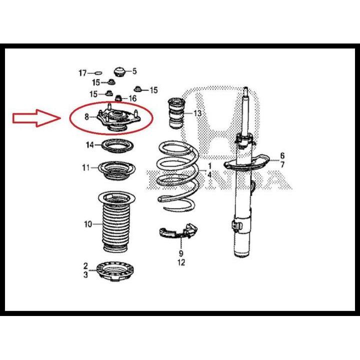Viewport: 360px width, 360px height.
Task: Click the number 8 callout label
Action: coord(87,117)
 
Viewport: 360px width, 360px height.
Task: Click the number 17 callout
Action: coord(82,73)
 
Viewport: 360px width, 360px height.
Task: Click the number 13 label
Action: coord(197,113)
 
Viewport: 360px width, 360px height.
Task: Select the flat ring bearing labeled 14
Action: coord(117,147)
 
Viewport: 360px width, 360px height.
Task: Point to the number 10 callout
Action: coord(87,224)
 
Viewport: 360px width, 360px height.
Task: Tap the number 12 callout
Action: coord(181,262)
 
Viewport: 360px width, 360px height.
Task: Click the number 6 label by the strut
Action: coord(282,155)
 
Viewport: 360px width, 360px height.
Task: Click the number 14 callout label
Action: coord(89,145)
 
